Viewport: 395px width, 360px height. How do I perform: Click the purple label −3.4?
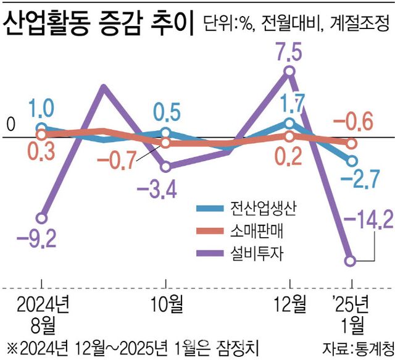pos(166,186)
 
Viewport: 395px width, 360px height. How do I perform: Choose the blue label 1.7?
pos(291,101)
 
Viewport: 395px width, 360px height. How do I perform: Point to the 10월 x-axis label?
pos(166,303)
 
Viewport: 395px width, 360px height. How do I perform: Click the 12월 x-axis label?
pos(290,303)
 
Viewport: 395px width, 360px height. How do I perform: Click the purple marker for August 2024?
pos(41,218)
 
